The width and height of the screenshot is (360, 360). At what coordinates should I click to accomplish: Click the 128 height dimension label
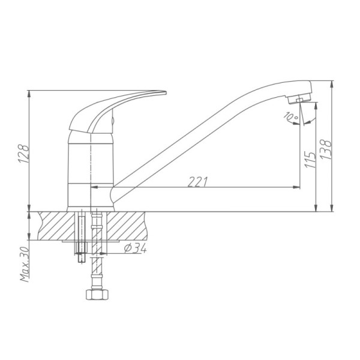[24, 154]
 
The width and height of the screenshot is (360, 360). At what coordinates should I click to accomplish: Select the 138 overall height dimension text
[326, 149]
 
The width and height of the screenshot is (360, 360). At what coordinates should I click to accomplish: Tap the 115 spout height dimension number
[310, 160]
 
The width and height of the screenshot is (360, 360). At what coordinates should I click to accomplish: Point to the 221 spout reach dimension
[198, 182]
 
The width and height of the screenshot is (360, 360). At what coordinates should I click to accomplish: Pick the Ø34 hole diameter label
[135, 248]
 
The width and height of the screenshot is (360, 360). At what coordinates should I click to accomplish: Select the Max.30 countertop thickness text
[25, 264]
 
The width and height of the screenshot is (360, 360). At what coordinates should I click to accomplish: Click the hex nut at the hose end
[97, 295]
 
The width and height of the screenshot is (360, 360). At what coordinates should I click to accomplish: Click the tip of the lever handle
[166, 92]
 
